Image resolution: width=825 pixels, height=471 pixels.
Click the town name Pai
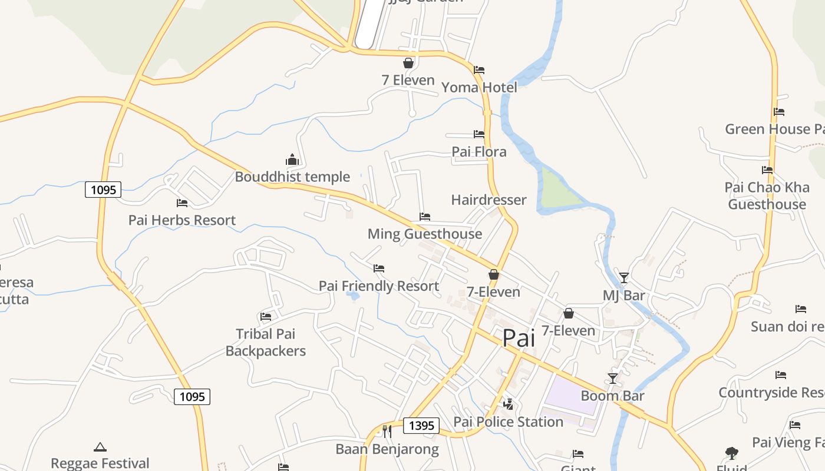[519, 339]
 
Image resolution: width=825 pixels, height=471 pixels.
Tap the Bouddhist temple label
[292, 177]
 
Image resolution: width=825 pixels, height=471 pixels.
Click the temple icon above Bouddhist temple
[292, 160]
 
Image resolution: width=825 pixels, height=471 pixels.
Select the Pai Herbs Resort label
[182, 220]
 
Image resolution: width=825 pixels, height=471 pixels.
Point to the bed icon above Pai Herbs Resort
[182, 203]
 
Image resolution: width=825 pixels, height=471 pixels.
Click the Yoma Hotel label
[479, 88]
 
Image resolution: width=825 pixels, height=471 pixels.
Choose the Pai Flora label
[479, 152]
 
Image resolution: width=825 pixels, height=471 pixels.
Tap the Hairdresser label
[489, 200]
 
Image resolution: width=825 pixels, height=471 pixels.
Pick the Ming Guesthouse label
[425, 234]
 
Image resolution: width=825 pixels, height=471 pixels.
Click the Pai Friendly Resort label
[379, 286]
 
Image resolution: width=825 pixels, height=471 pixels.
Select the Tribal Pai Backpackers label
[266, 343]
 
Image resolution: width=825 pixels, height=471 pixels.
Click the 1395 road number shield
[421, 426]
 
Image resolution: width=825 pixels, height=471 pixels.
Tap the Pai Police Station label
[509, 422]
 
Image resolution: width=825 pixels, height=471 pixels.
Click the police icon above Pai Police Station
[508, 404]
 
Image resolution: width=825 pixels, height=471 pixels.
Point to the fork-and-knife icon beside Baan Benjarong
[387, 432]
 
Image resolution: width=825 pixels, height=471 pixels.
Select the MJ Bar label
[624, 296]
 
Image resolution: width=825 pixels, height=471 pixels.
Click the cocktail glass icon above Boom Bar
[613, 379]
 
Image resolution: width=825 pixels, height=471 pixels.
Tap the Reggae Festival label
[100, 463]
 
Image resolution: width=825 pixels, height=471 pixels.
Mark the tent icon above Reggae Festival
[100, 447]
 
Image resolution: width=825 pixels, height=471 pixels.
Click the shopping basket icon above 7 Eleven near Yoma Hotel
[408, 63]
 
